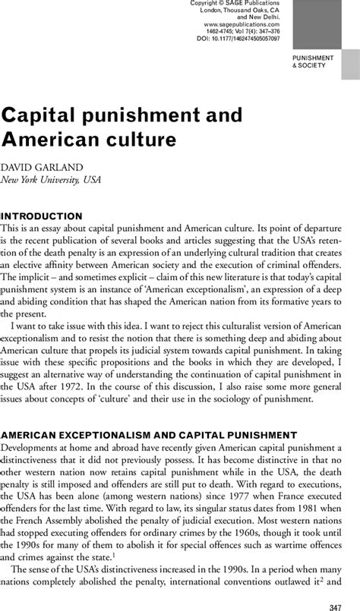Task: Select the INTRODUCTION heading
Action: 43,216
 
